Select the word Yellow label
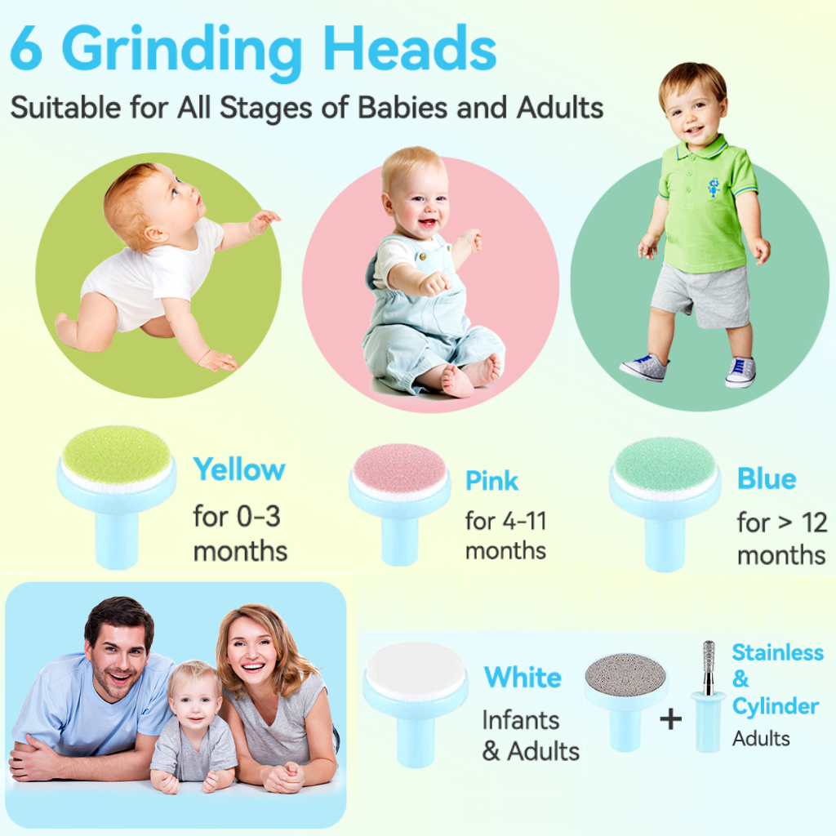click(238, 470)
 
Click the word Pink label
click(491, 481)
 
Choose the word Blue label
click(766, 479)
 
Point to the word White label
click(522, 678)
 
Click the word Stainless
click(777, 652)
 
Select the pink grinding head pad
click(398, 467)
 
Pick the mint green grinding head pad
click(665, 464)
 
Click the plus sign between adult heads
click(670, 719)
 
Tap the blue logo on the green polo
click(714, 187)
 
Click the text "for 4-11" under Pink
click(505, 520)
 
